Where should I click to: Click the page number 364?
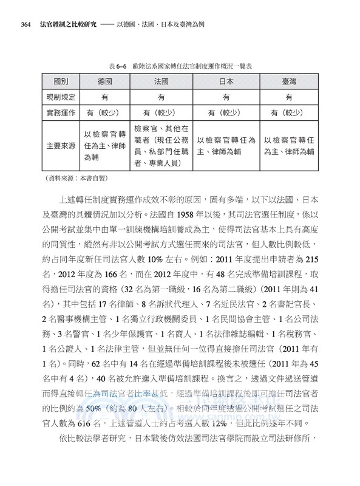(x=25, y=25)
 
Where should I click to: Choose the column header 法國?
(x=161, y=81)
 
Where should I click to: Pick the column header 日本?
(x=225, y=81)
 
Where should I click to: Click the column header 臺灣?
(x=288, y=81)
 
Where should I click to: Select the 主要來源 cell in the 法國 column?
(x=161, y=146)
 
